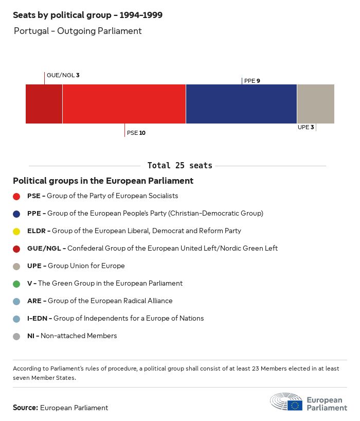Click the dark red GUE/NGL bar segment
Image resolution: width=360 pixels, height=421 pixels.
tap(44, 104)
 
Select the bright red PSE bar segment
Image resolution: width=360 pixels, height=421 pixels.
tap(124, 104)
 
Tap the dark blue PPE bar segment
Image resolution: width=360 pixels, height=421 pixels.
tap(241, 104)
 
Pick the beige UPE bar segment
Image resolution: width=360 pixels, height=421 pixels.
tap(315, 104)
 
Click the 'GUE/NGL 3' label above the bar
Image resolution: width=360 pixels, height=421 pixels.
tap(63, 75)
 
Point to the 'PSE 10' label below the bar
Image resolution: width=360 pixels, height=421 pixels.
tap(136, 133)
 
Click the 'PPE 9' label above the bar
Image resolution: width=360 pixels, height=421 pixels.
tap(252, 81)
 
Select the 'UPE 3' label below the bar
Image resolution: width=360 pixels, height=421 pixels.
tap(305, 127)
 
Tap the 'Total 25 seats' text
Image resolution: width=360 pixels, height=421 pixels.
tap(179, 166)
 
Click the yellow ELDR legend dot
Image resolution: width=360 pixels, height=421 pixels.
tap(16, 231)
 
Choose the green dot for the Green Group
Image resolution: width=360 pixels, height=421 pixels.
tap(16, 284)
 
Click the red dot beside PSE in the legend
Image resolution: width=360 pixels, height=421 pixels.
tap(16, 196)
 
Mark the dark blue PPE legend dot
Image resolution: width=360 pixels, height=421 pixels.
tap(16, 214)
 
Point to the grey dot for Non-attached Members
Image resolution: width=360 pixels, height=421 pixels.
tap(16, 336)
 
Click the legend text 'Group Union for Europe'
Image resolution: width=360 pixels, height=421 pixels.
tap(86, 266)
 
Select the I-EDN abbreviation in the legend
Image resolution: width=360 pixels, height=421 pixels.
tap(38, 319)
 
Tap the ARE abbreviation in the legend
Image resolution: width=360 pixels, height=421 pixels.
tap(35, 301)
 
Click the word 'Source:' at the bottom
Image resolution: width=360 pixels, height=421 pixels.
tap(25, 408)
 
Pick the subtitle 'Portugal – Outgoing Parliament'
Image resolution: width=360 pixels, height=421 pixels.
tap(78, 31)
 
